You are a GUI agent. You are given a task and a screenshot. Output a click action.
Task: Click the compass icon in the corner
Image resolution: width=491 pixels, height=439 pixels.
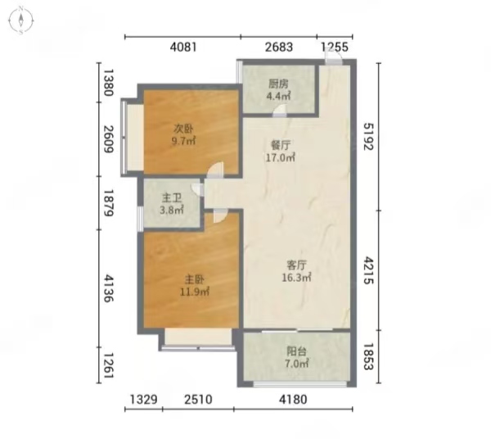(x=20, y=20)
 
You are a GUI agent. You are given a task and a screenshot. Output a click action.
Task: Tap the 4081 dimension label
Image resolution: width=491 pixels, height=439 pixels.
(x=183, y=47)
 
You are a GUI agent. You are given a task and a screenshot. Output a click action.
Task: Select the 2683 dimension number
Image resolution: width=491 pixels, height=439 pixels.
(x=279, y=47)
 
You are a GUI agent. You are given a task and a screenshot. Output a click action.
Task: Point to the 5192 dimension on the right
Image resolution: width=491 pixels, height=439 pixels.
(x=369, y=136)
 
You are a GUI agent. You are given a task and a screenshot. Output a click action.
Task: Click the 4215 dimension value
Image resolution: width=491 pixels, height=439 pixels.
(x=369, y=270)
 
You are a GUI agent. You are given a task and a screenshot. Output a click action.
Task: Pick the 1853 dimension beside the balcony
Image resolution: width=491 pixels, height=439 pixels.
(x=369, y=356)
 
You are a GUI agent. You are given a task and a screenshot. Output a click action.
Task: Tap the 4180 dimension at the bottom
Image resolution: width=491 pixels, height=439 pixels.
(x=293, y=400)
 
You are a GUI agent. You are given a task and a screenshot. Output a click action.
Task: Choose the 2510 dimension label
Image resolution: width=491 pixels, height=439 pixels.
(x=198, y=400)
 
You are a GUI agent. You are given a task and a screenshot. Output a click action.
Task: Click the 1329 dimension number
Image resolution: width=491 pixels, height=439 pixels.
(x=143, y=400)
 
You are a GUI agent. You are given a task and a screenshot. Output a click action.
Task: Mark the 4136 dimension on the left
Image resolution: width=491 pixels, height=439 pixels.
(x=109, y=288)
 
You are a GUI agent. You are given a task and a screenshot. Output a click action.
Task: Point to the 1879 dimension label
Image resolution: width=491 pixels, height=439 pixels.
(x=109, y=203)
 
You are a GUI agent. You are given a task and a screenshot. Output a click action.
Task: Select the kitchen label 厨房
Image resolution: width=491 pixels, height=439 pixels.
(x=278, y=84)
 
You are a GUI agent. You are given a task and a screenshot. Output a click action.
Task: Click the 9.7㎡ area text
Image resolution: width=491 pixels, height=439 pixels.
(x=183, y=141)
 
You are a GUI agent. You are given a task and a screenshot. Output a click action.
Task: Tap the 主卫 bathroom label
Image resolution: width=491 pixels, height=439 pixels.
(x=172, y=198)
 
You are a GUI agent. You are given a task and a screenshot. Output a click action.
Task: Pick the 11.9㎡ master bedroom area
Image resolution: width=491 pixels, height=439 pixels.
(x=195, y=292)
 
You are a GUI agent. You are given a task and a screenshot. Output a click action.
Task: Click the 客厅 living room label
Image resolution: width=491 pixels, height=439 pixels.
(x=296, y=265)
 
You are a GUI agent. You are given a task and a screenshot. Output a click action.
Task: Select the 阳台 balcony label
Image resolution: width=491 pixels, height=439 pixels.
(x=296, y=351)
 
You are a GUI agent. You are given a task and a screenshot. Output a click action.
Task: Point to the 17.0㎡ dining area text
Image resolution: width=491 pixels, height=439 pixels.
(x=280, y=157)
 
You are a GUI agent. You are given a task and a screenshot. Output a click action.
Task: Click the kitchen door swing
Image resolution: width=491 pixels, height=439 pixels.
(x=280, y=111)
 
